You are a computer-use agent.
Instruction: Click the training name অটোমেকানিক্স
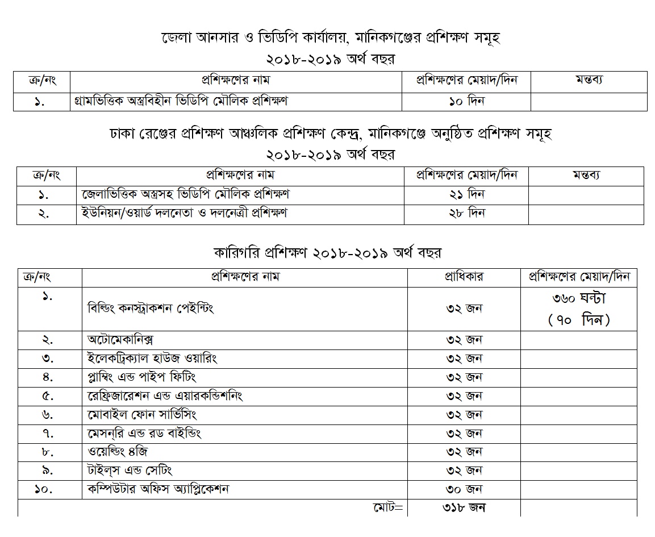coord(120,340)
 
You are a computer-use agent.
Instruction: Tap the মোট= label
coord(387,507)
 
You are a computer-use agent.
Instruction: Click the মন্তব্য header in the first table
coord(589,80)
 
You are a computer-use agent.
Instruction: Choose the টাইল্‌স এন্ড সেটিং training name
coord(130,470)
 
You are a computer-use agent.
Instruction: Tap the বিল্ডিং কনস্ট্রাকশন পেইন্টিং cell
coord(150,309)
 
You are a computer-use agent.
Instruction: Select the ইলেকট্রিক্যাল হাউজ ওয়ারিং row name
coord(152,359)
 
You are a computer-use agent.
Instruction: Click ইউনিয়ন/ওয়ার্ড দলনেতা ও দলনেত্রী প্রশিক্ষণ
coord(185,213)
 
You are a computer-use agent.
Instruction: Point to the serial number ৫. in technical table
coord(48,396)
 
